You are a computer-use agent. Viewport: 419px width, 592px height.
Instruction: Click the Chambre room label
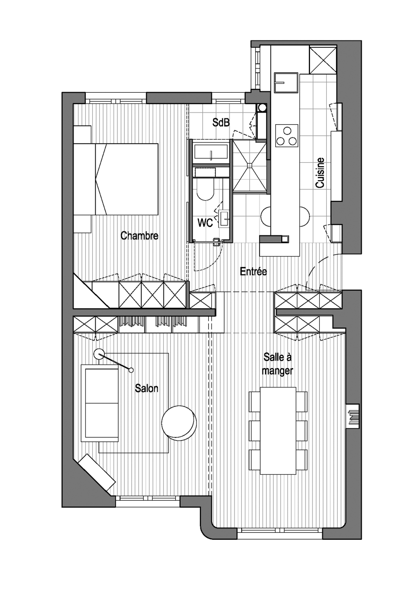[139, 235]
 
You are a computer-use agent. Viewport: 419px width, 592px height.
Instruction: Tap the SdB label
[221, 122]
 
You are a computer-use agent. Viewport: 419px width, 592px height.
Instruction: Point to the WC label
[205, 223]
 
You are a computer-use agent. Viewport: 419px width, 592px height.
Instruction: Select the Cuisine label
[320, 173]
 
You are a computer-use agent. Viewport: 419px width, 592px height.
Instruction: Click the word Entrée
[253, 271]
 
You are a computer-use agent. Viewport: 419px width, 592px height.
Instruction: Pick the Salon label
[147, 388]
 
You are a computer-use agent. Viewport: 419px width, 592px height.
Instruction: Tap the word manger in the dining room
[277, 371]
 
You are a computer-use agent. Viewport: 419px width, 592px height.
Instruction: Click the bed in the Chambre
[116, 179]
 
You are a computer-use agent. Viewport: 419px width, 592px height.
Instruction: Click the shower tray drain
[249, 165]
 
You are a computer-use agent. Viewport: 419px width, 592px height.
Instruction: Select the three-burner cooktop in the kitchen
[287, 135]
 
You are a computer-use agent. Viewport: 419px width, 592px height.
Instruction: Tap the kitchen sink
[286, 83]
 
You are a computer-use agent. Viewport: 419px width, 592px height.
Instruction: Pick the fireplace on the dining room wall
[353, 417]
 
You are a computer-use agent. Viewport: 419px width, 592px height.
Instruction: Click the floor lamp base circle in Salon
[99, 354]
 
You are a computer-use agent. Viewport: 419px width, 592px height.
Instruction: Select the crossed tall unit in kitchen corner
[323, 60]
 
